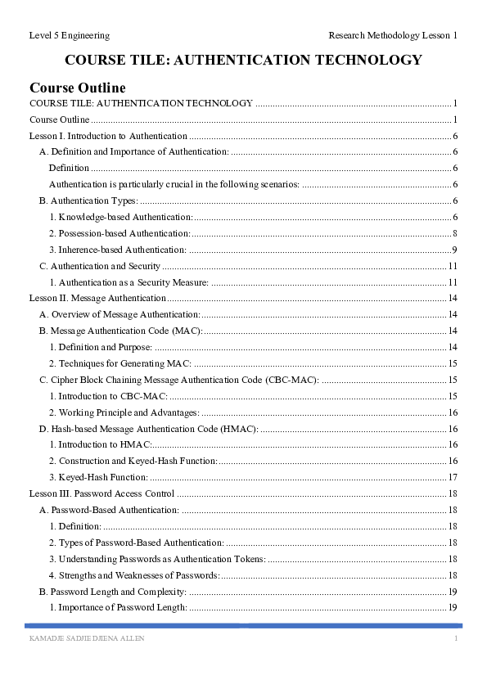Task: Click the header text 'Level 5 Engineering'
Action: [x=69, y=35]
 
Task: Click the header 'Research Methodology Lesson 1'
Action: [x=393, y=35]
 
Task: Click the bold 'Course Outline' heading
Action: [x=78, y=88]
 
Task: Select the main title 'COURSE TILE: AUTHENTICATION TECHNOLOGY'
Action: [x=243, y=60]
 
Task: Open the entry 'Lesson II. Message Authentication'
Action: [x=97, y=299]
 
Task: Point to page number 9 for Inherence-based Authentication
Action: [x=453, y=250]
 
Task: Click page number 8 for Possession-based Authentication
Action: [x=453, y=233]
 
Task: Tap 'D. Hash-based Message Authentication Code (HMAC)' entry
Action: [x=149, y=429]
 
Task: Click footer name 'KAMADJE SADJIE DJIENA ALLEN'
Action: [x=87, y=638]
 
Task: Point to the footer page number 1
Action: [x=455, y=638]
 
